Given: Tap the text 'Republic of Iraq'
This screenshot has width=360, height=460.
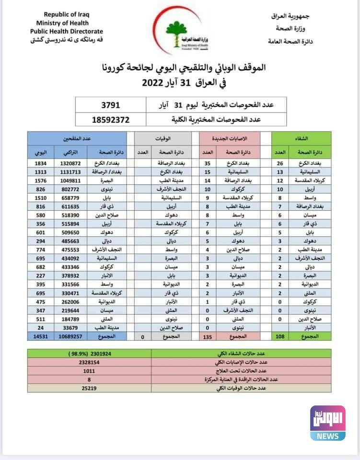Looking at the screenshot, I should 63,15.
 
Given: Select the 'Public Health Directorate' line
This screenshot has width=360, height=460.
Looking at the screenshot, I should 63,31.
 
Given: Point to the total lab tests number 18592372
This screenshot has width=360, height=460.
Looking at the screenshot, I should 111,119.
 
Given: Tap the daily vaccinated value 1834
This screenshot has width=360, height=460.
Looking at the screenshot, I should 40,163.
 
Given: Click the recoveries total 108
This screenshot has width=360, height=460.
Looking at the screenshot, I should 280,350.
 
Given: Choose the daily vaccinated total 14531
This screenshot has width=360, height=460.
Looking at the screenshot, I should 40,350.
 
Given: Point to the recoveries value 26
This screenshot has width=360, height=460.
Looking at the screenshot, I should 280,163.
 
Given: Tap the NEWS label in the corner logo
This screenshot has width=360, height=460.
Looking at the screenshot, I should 327,436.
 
